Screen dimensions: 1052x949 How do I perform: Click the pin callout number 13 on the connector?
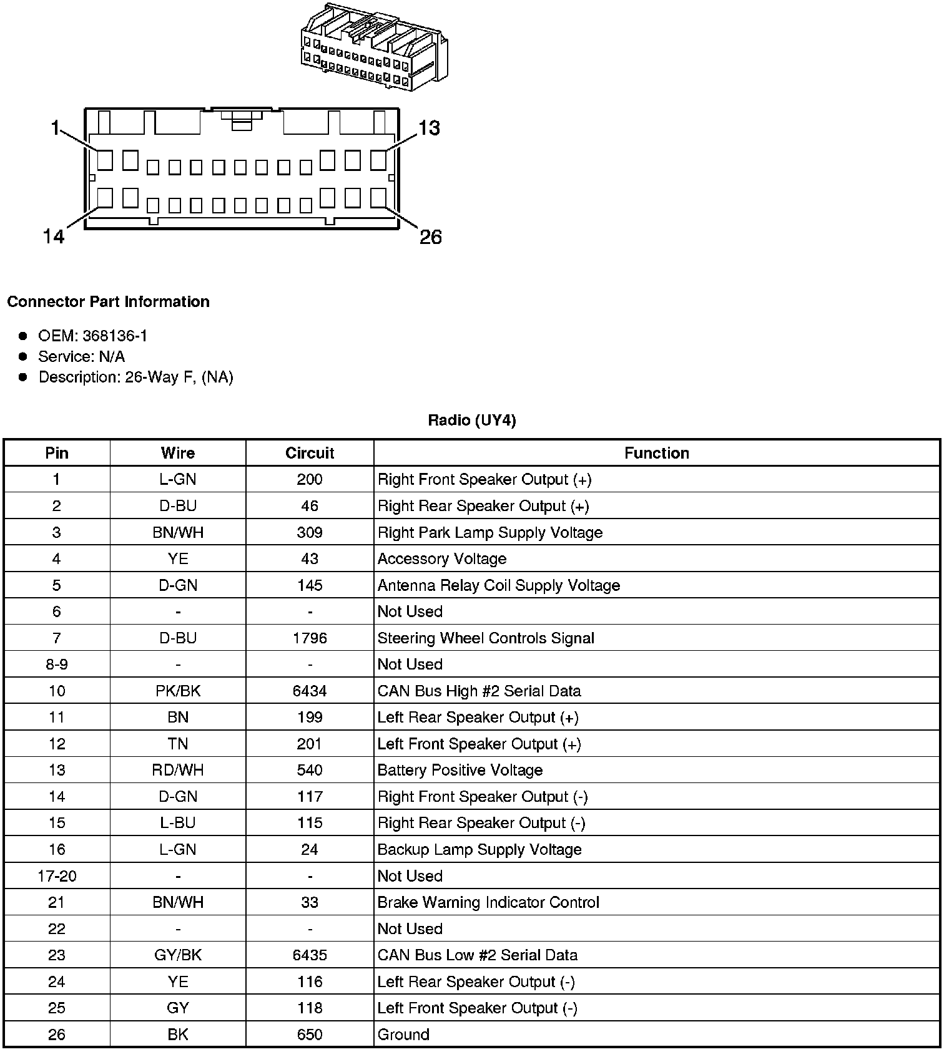[430, 129]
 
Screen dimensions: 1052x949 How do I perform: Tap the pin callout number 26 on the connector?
[430, 237]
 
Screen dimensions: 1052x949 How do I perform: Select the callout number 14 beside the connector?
[54, 237]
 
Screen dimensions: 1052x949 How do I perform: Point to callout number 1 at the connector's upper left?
[54, 129]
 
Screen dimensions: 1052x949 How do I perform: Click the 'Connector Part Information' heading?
[108, 302]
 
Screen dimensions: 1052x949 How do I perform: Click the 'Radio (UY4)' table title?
[472, 421]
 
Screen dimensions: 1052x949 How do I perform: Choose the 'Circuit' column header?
[310, 453]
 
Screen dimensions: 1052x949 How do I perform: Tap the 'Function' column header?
[657, 453]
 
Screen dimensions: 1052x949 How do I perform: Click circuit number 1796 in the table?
[310, 638]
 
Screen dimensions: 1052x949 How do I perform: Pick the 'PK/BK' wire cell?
[178, 691]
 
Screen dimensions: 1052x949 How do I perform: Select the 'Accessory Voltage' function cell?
[442, 559]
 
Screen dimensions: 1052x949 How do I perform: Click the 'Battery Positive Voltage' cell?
[460, 771]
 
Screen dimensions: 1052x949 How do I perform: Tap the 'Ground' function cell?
[403, 1035]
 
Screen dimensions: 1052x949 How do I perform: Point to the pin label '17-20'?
[57, 876]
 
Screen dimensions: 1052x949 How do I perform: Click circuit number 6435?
[310, 955]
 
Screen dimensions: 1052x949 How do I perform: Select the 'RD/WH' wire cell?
[178, 771]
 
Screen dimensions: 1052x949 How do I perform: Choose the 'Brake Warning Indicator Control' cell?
[488, 902]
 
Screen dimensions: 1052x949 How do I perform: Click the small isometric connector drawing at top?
[374, 47]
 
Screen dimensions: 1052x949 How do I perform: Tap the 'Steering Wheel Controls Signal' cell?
[486, 638]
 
